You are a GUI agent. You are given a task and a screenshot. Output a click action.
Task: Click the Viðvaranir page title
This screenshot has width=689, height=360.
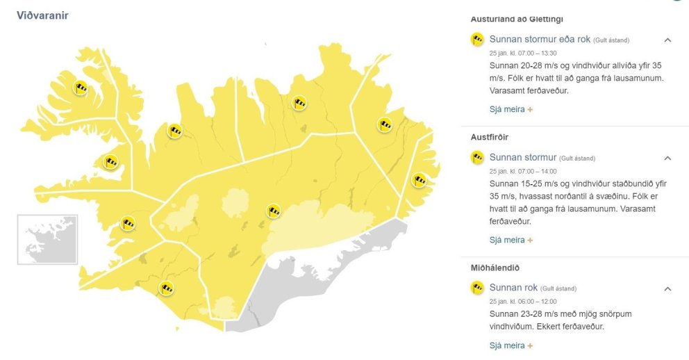[x=42, y=15]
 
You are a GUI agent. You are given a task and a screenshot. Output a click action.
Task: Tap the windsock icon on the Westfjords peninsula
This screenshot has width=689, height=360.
[x=81, y=88]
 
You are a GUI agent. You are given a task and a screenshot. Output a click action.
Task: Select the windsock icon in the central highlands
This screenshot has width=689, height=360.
[x=274, y=211]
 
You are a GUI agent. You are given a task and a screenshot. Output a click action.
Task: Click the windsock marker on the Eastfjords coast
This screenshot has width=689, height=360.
[x=419, y=180]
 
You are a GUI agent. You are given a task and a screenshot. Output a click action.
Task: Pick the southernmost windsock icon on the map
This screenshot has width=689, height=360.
[x=166, y=288]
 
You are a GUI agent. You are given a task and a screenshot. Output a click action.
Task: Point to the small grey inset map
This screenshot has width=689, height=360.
[x=47, y=239]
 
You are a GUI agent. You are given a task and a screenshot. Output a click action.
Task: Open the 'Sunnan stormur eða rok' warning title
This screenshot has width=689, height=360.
[x=540, y=40]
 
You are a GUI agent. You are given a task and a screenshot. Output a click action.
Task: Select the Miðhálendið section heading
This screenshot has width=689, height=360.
[x=495, y=268]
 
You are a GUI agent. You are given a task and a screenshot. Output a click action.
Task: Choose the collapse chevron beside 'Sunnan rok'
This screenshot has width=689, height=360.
[x=667, y=288]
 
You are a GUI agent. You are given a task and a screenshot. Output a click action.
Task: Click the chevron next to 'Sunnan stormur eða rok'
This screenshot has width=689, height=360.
[x=667, y=40]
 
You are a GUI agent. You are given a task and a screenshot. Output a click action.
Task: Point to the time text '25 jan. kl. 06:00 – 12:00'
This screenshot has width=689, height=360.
[x=523, y=301]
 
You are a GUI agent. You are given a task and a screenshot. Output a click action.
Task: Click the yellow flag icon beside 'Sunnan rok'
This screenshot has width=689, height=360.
[x=477, y=288]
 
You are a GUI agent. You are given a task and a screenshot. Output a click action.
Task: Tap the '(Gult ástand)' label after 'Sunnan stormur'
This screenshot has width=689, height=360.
[x=577, y=158]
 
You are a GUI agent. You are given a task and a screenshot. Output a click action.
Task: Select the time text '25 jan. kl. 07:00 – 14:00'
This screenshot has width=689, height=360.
[x=523, y=171]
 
